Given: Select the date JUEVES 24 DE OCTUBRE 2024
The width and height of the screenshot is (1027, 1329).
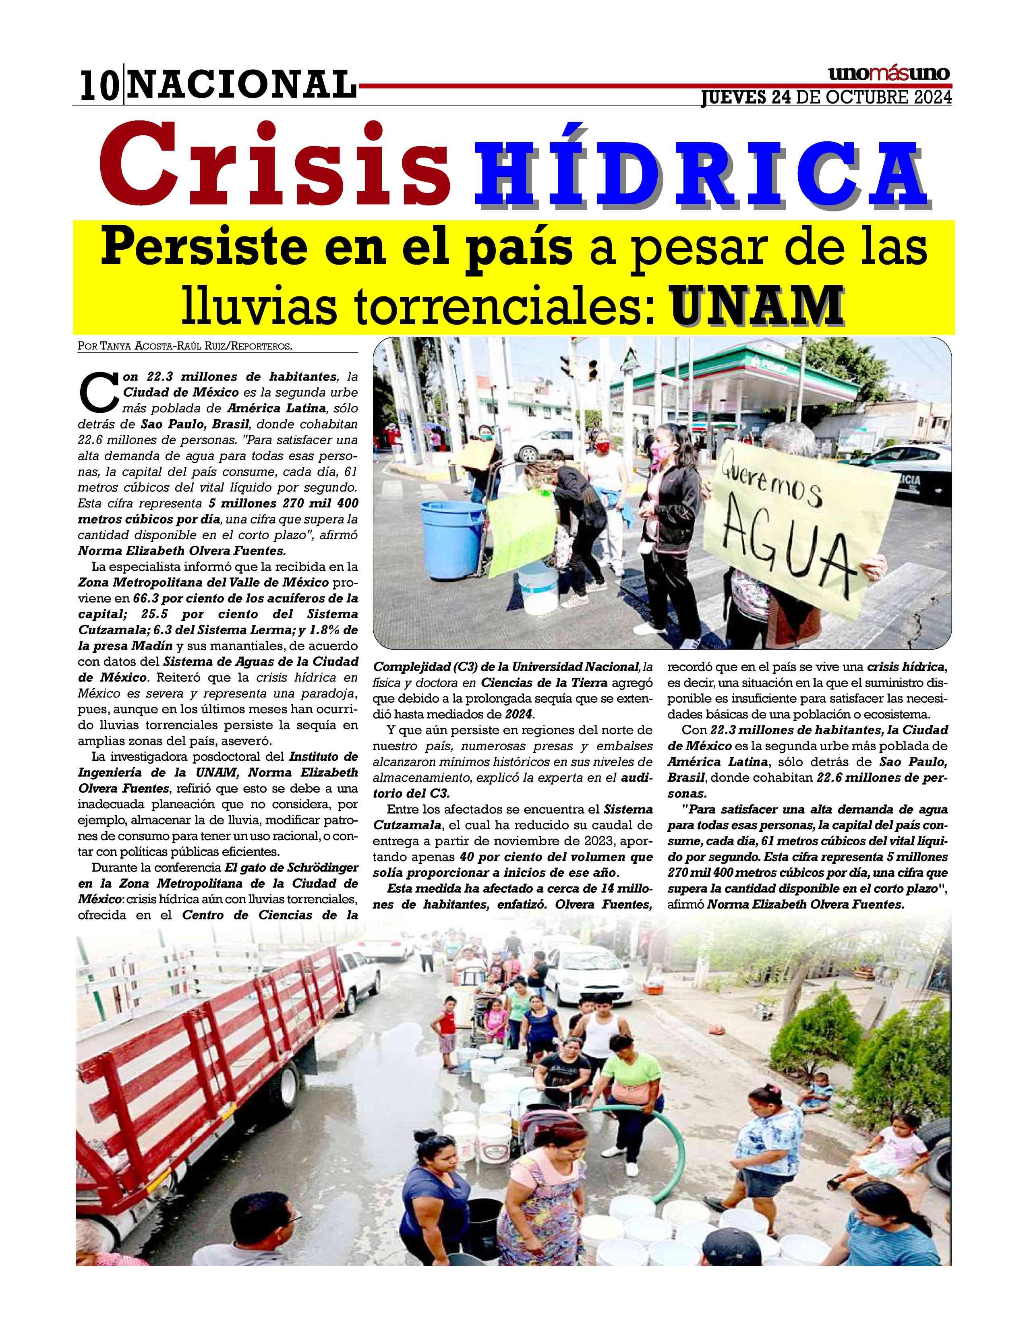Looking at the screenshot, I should (x=826, y=98).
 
